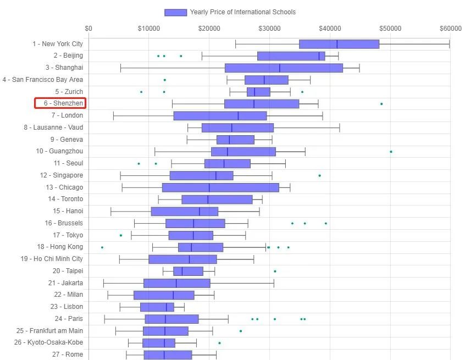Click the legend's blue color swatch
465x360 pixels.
tap(176, 12)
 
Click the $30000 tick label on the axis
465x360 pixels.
tap(270, 28)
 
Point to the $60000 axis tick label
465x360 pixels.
tap(451, 28)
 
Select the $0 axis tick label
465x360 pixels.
tap(88, 28)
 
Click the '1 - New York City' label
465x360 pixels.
tap(57, 44)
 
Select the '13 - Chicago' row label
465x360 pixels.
tap(65, 187)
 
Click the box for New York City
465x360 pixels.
tap(339, 44)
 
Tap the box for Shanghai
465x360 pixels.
tap(284, 68)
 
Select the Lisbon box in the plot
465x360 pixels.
tap(157, 307)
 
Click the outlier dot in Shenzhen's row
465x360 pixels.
tap(381, 104)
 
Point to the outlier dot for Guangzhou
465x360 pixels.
tap(391, 152)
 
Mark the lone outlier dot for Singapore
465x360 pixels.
tap(319, 176)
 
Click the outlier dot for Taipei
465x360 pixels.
tap(275, 272)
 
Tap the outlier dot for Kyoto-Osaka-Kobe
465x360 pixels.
tap(219, 343)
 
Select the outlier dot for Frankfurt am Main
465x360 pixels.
tap(240, 331)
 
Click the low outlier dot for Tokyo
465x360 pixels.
tap(121, 235)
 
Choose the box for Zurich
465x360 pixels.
tap(258, 92)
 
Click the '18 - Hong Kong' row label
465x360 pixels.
tap(60, 247)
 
